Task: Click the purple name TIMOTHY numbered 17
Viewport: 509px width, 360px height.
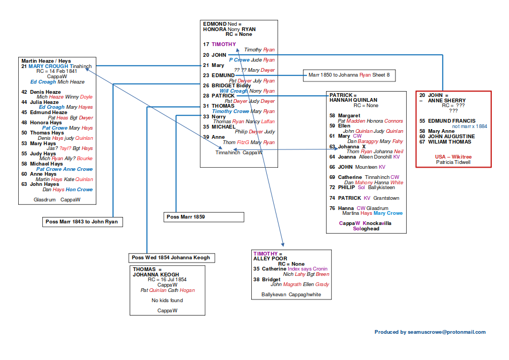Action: coord(223,44)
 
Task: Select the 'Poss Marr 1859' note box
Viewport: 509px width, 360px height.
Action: coord(204,217)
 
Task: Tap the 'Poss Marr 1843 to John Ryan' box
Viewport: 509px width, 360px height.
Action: coord(83,222)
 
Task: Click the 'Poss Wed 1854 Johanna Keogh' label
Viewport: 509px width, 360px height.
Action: coord(172,258)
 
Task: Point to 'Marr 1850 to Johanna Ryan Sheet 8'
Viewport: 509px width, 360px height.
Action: coord(349,76)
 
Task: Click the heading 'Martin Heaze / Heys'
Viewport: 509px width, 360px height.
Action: coord(46,61)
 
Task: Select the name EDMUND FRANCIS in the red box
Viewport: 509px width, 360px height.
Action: coord(447,121)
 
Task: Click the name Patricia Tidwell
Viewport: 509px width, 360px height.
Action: coord(453,162)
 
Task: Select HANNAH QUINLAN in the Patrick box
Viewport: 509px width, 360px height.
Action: coord(353,100)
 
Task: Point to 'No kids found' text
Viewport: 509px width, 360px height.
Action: coord(167,301)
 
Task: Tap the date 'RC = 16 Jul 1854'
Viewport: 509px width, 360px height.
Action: coord(167,280)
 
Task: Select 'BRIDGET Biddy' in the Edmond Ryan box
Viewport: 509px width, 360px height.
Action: coord(231,86)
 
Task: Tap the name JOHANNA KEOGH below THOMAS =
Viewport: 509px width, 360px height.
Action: coord(156,275)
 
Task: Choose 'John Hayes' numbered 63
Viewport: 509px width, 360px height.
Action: coord(44,184)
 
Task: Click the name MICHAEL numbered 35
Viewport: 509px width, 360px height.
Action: coord(223,127)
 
